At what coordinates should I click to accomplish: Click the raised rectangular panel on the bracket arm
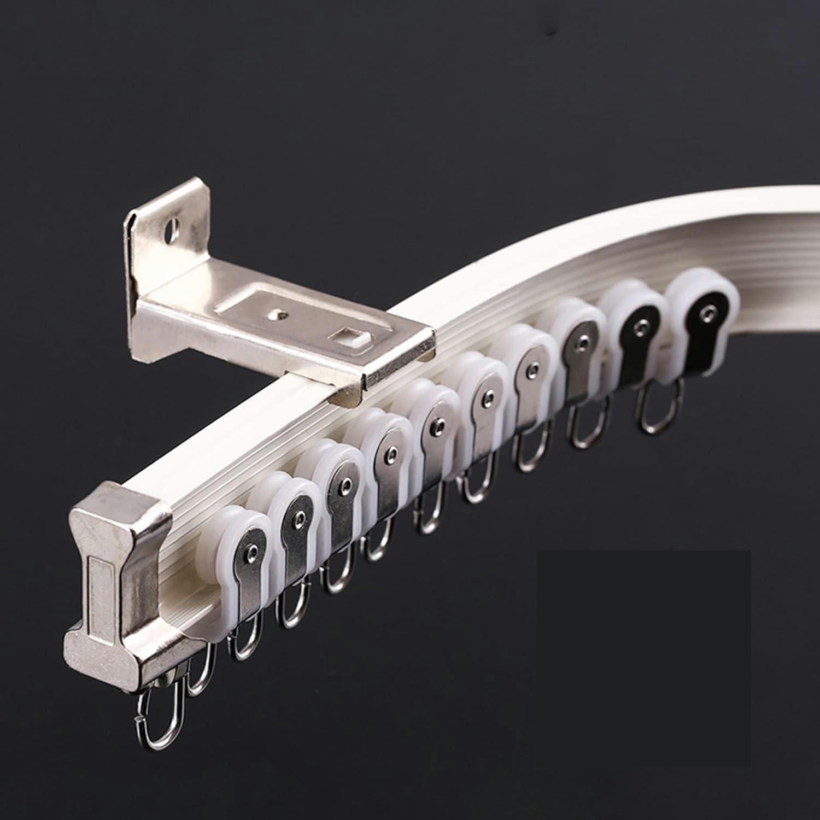point(306,328)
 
